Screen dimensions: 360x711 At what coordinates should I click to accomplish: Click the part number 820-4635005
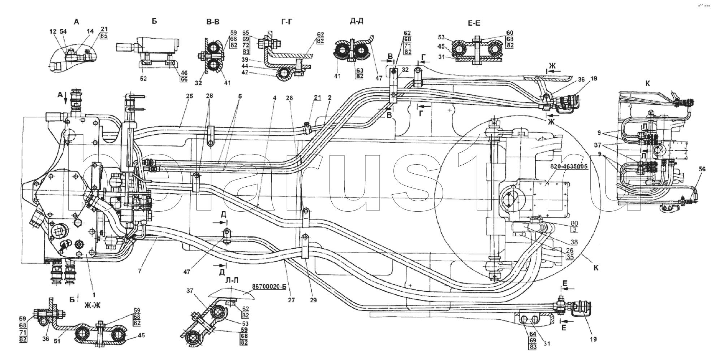569,166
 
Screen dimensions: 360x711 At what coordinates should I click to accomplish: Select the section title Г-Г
286,22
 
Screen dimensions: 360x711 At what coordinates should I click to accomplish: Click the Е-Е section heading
474,23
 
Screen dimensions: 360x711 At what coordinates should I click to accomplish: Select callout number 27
291,300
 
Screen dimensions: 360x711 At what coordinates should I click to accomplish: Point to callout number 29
313,300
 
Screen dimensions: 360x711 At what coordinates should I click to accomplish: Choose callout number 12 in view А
53,32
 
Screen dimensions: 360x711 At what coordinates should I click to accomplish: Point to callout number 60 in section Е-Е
509,33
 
